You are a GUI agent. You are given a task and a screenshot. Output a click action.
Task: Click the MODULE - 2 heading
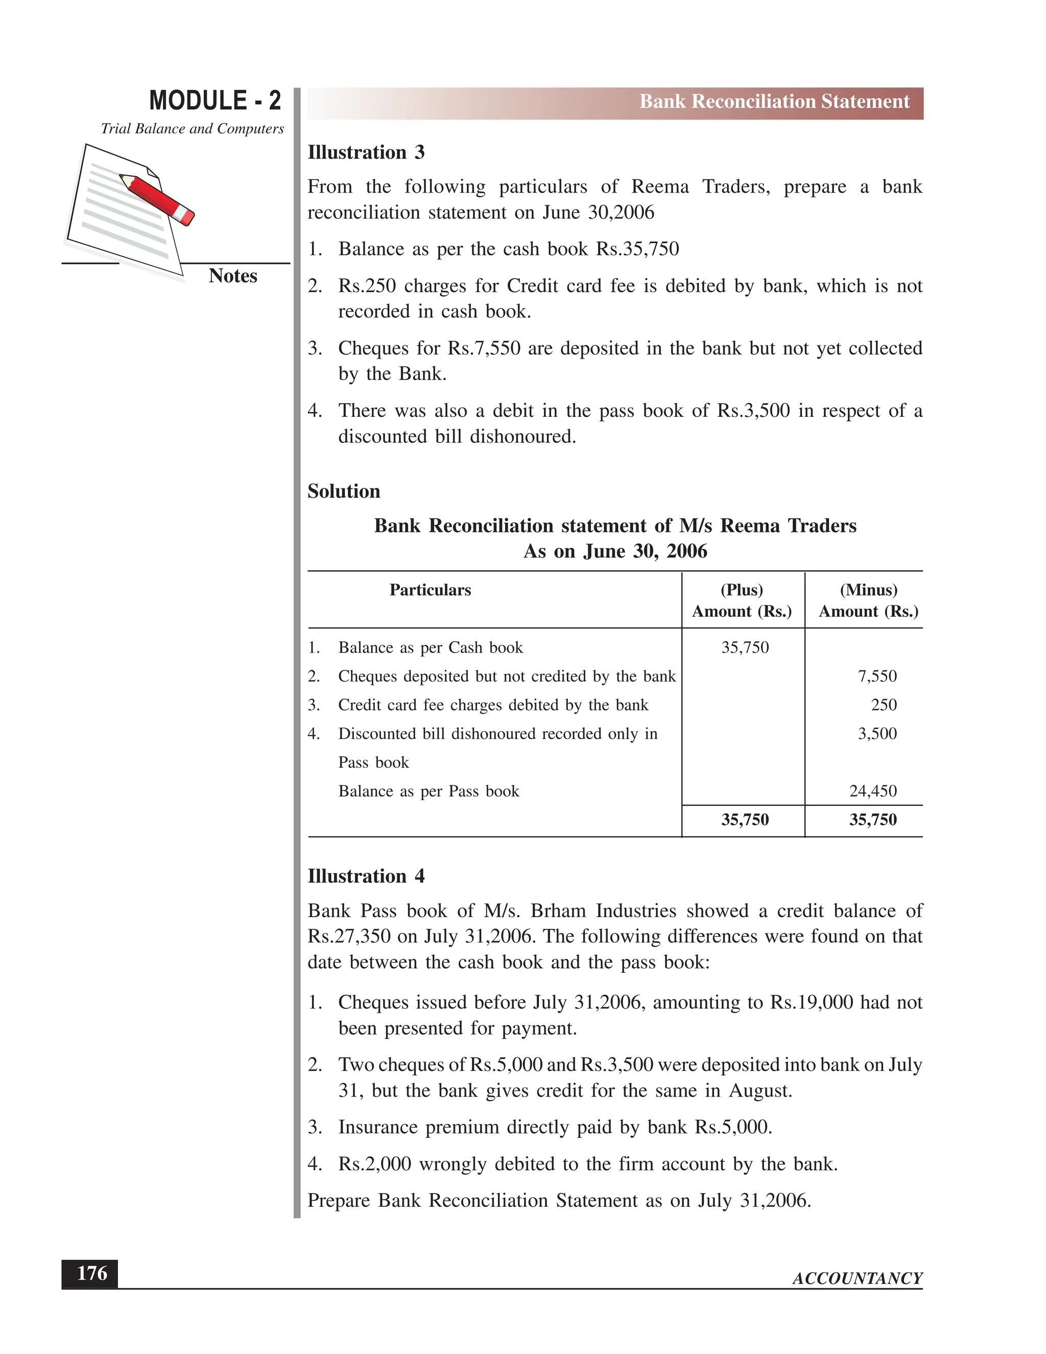(x=215, y=101)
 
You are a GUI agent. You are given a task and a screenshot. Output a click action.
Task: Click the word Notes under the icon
(x=232, y=276)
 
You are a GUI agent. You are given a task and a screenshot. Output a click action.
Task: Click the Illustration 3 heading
(x=366, y=152)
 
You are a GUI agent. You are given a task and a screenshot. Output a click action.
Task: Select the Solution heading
(x=343, y=492)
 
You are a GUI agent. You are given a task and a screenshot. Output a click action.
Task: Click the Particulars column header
(x=430, y=590)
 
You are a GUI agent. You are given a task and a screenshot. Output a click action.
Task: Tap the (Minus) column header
(x=868, y=590)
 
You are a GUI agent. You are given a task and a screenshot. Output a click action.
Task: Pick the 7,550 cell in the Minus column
(x=877, y=676)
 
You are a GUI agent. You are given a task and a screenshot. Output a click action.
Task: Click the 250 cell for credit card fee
(x=884, y=705)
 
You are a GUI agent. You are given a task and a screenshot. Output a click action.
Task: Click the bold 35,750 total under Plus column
(x=745, y=820)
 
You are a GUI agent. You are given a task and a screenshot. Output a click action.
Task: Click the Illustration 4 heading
(x=366, y=877)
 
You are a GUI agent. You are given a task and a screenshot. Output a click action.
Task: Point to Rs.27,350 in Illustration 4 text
(x=349, y=937)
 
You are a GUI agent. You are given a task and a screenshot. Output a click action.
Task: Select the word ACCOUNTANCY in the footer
(x=857, y=1279)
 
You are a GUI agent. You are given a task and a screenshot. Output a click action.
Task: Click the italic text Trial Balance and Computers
(x=192, y=129)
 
